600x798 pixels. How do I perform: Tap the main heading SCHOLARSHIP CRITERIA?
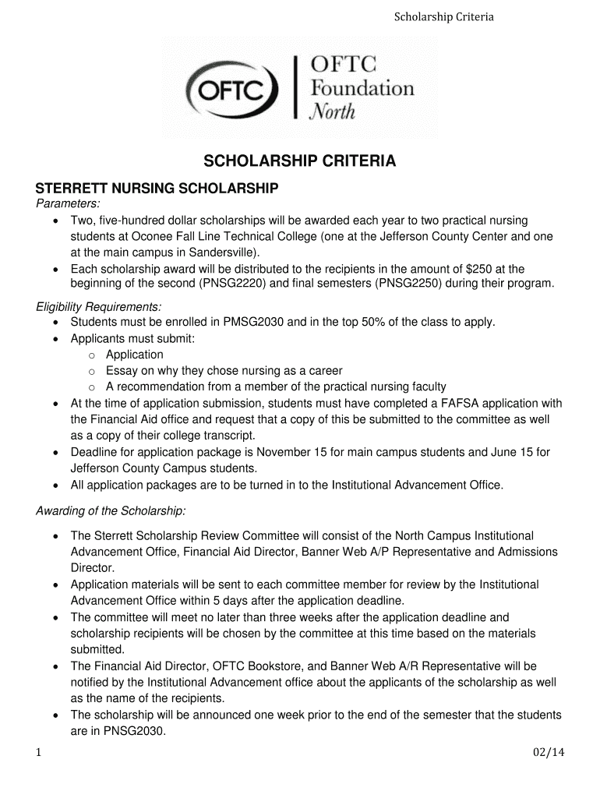coord(300,161)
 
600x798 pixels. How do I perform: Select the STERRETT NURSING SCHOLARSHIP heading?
coord(157,189)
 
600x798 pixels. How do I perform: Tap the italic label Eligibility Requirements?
coord(99,306)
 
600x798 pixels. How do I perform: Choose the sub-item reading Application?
coord(135,355)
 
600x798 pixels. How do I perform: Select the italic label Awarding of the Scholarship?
coord(111,511)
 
